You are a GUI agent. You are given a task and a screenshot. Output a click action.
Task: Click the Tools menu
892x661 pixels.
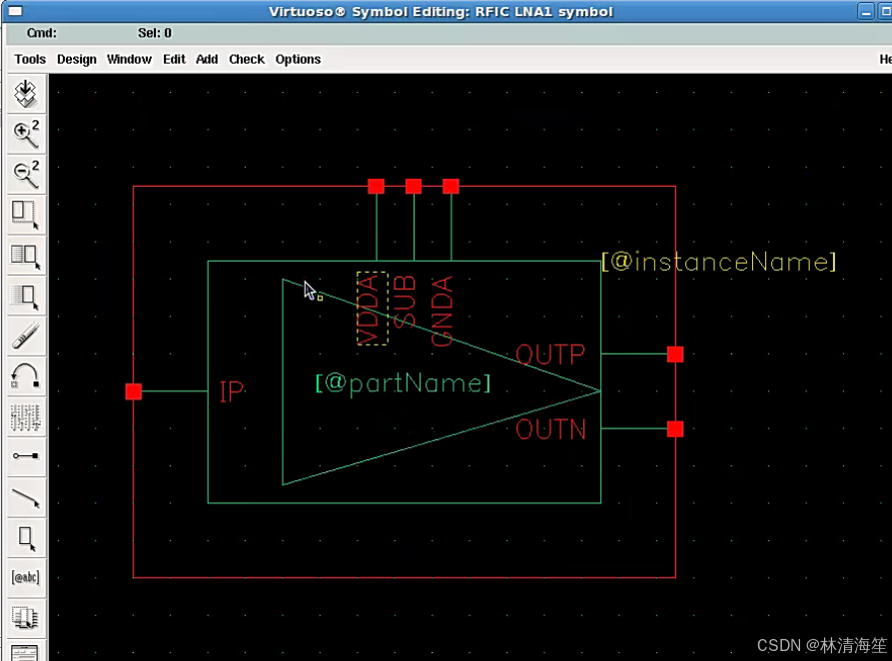click(30, 59)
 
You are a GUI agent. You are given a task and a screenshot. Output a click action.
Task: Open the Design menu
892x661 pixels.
click(76, 59)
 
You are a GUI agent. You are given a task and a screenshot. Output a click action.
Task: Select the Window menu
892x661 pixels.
click(129, 59)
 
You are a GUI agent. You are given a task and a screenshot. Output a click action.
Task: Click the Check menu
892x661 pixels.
click(247, 59)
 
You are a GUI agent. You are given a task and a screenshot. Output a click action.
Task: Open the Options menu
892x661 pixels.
click(298, 59)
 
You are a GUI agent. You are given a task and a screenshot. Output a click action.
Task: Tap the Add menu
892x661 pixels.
click(207, 59)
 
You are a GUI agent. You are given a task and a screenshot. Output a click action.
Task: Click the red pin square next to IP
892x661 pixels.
click(134, 391)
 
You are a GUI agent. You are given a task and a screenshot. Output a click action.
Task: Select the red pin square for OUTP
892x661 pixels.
click(675, 354)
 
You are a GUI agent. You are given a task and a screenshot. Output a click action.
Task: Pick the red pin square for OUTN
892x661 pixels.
click(675, 429)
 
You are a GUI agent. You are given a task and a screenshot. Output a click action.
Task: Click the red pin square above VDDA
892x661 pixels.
click(376, 187)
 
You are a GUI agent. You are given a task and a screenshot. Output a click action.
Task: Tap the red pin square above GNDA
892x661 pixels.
click(450, 187)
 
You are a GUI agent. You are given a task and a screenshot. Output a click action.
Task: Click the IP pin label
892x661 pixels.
click(231, 391)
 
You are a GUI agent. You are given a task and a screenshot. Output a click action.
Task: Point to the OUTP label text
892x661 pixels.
click(550, 354)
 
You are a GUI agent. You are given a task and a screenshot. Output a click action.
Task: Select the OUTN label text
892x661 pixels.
click(550, 430)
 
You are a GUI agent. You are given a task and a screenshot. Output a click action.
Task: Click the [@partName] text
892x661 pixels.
click(404, 383)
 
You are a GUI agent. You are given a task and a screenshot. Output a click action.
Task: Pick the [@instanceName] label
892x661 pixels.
click(718, 263)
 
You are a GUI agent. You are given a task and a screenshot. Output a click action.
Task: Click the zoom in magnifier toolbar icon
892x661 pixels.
click(26, 133)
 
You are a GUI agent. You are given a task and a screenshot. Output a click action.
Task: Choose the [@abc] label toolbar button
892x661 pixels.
click(26, 577)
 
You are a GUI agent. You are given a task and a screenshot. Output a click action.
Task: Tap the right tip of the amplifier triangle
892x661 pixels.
click(599, 391)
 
